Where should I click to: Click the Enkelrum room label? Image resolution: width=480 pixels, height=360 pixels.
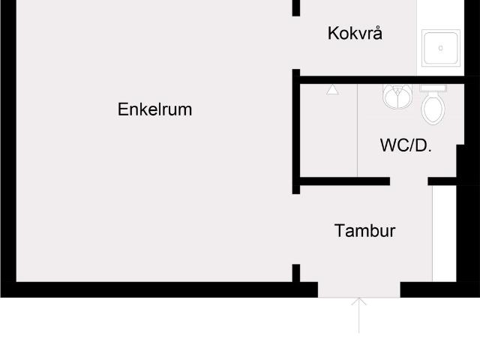click(154, 109)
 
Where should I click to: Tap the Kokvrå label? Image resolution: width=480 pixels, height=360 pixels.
click(355, 34)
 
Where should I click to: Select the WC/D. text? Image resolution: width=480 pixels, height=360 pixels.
click(406, 145)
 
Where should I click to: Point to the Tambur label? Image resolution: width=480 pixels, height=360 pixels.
click(364, 230)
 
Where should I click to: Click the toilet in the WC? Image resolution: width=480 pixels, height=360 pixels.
click(433, 109)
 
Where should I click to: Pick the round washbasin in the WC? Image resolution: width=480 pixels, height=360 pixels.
click(397, 96)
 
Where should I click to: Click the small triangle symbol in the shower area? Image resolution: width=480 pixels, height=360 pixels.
click(333, 90)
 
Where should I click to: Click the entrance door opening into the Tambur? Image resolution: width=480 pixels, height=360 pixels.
click(359, 289)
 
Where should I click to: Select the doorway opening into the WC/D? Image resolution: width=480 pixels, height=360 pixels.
click(409, 181)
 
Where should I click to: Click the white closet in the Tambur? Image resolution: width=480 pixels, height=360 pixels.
click(444, 233)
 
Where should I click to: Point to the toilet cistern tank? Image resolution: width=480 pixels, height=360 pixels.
click(433, 88)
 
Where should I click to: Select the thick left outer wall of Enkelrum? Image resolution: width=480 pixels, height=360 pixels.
click(7, 150)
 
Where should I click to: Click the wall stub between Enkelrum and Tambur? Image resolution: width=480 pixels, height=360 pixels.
click(296, 272)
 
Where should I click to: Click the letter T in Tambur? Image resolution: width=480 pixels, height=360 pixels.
click(339, 230)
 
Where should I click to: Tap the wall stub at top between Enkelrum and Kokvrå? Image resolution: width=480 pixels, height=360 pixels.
click(296, 7)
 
